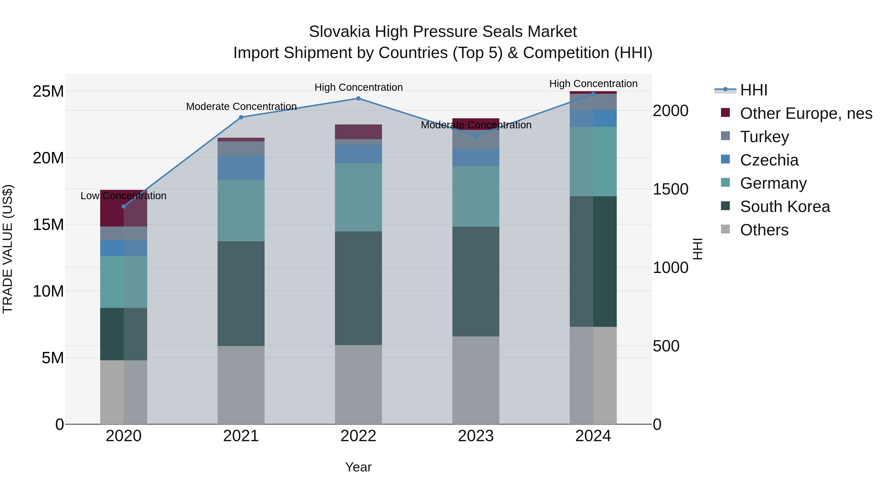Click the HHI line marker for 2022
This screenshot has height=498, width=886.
358,98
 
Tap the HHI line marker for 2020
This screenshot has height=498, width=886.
124,206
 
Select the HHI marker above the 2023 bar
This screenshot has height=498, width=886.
476,136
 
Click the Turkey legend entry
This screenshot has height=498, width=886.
764,137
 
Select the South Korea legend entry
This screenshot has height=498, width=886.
785,207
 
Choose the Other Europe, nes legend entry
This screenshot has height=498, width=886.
806,113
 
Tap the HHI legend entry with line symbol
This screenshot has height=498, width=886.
753,90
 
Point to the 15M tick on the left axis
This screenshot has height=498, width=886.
48,225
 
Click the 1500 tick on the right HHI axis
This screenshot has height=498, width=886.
670,189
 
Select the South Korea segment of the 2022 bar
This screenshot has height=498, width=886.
358,288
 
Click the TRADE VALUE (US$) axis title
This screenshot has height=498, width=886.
8,249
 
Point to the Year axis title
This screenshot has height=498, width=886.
358,467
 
